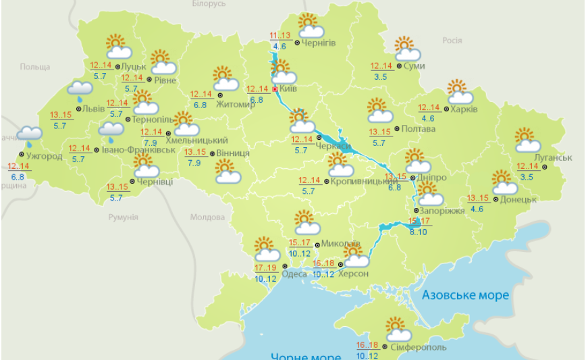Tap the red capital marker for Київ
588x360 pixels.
(275, 88)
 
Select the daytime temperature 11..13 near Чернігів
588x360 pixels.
(279, 36)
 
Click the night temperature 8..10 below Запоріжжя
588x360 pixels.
(418, 232)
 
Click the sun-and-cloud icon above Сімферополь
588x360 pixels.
(398, 330)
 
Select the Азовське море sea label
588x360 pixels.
(464, 295)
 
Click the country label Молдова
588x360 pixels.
(207, 217)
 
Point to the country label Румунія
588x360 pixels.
(123, 217)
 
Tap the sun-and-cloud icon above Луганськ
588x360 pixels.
(527, 140)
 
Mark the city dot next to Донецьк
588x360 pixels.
(496, 199)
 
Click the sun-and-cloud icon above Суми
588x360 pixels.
(407, 49)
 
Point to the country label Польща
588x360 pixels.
(35, 67)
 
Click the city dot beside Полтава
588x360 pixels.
(397, 128)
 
